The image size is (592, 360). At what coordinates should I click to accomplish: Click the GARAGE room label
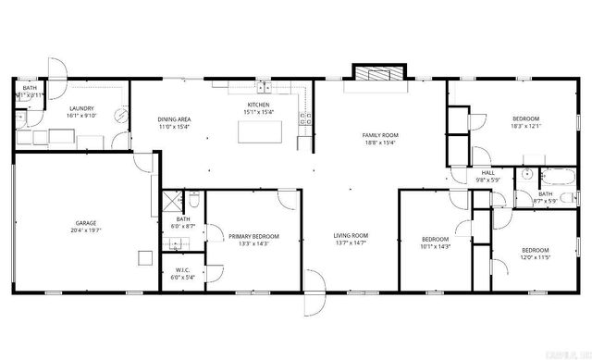(x=86, y=223)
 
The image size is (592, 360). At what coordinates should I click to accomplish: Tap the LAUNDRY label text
(x=82, y=109)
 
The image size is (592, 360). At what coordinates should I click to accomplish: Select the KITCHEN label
(x=257, y=106)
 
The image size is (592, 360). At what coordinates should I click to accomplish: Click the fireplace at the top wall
(x=377, y=74)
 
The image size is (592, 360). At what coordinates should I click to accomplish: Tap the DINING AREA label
(x=174, y=120)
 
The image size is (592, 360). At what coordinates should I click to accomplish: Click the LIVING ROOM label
(x=351, y=235)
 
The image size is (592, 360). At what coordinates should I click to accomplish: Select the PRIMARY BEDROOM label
(x=253, y=237)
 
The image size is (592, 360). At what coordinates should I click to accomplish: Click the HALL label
(x=487, y=172)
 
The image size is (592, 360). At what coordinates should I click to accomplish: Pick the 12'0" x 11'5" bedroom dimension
(x=535, y=258)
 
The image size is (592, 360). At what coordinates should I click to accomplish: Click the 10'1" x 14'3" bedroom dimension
(x=435, y=246)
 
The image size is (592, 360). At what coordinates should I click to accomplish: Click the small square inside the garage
(x=143, y=256)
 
